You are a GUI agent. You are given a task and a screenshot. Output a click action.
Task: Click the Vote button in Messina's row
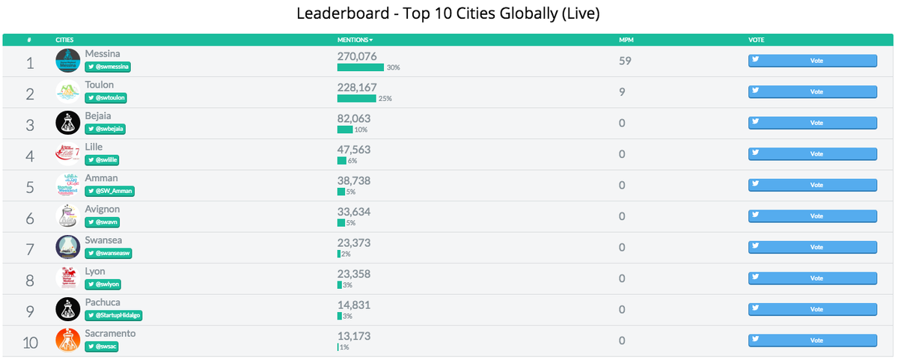(812, 61)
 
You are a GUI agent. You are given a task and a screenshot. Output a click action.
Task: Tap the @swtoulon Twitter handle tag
(108, 97)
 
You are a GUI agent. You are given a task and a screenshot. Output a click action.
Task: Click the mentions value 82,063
(354, 118)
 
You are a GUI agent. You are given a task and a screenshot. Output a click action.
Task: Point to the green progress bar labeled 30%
(361, 67)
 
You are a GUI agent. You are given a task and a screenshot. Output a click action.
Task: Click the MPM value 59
(626, 61)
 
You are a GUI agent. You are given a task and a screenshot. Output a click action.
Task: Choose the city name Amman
(101, 178)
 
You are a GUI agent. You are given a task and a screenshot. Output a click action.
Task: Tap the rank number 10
(30, 343)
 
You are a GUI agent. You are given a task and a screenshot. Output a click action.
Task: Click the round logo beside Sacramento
(67, 341)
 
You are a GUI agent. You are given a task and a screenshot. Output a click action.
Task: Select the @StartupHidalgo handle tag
(113, 315)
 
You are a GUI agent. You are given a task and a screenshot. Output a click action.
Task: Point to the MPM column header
(626, 39)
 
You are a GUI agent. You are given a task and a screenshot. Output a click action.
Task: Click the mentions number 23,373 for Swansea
(354, 242)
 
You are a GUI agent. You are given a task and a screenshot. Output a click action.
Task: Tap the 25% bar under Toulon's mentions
(357, 98)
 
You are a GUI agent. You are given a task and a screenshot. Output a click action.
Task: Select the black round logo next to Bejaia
(67, 123)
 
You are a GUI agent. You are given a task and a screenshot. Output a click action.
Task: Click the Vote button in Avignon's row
(812, 216)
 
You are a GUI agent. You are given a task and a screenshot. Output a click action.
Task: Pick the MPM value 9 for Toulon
(623, 92)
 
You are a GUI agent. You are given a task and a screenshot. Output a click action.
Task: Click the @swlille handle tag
(103, 159)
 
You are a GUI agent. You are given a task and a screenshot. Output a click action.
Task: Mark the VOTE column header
(757, 39)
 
